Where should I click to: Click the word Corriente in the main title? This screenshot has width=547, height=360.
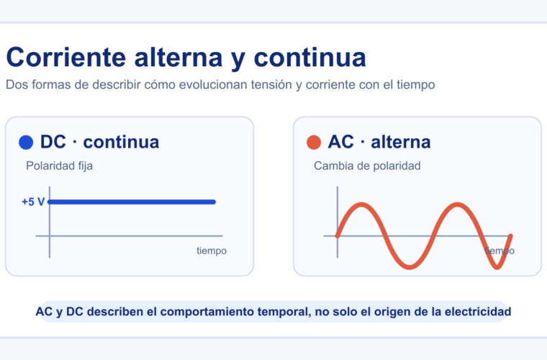(x=66, y=57)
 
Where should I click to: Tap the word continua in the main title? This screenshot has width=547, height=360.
(x=309, y=57)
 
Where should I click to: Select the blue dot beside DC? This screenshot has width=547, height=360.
(x=26, y=143)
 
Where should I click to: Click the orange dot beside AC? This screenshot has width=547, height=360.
(x=314, y=143)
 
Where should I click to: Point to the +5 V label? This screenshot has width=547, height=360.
(x=33, y=202)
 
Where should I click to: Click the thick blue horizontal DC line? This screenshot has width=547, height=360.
(x=132, y=202)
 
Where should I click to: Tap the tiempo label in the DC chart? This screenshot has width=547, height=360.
(x=212, y=251)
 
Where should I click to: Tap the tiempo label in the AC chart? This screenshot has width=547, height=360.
(x=499, y=251)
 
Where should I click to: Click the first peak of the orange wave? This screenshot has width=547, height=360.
(x=361, y=204)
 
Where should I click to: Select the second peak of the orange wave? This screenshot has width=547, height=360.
(x=457, y=204)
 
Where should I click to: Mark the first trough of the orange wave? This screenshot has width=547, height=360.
(x=410, y=267)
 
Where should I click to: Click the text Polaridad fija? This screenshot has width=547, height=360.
(x=59, y=166)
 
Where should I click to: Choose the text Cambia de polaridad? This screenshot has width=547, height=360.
(x=367, y=166)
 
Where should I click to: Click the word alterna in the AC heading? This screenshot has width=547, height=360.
(x=400, y=142)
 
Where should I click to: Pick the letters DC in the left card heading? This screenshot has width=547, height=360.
(x=53, y=142)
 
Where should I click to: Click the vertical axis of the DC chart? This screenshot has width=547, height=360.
(x=50, y=222)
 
